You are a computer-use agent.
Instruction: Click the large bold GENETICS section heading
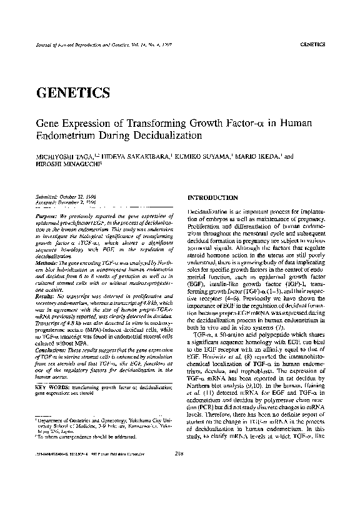point(74,92)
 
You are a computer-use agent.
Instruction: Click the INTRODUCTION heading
point(216,198)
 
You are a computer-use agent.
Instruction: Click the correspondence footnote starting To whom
point(94,466)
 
